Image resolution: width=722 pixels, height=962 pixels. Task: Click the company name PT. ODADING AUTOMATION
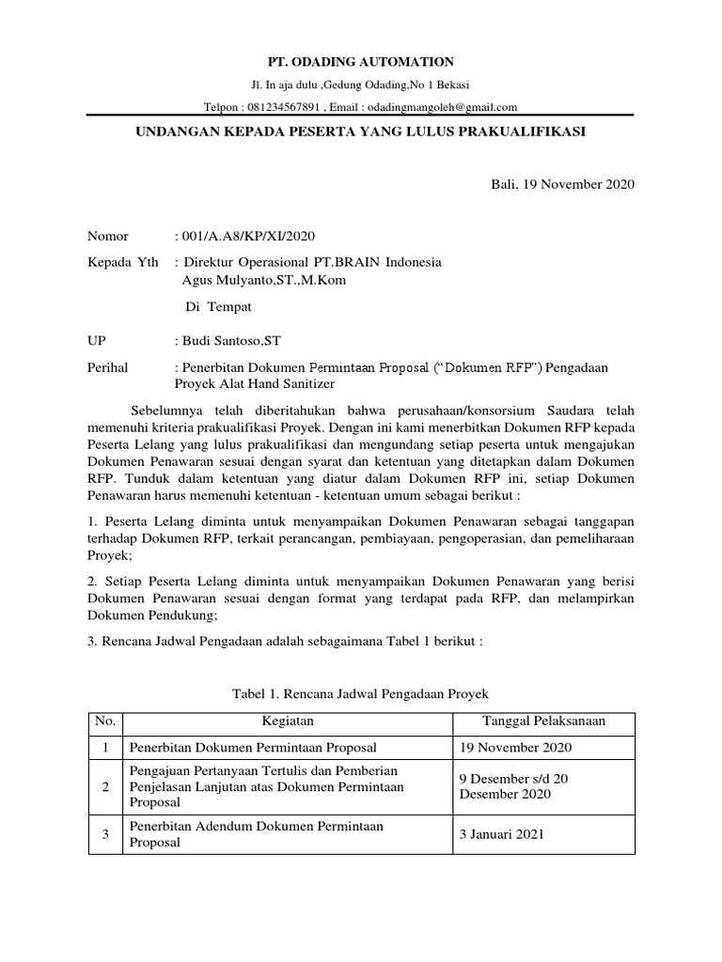(361, 61)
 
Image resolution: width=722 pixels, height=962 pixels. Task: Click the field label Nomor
(108, 236)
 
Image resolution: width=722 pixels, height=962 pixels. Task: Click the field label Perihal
(108, 367)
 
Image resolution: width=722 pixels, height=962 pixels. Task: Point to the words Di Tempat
(219, 306)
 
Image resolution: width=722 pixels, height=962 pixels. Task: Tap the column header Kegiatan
(288, 721)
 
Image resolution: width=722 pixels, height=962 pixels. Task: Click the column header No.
(105, 721)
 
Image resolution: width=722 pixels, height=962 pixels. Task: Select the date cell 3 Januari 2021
(500, 834)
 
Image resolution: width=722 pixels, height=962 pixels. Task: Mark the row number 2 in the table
(105, 786)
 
